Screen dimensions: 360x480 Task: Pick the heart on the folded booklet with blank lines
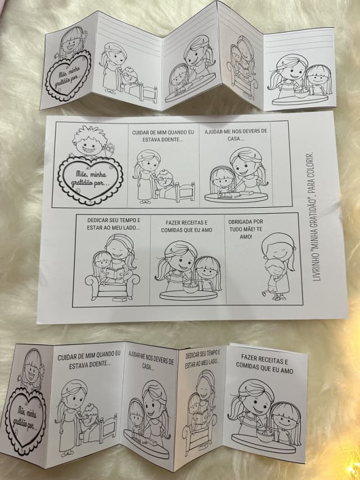(68, 76)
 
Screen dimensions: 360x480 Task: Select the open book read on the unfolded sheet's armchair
(115, 273)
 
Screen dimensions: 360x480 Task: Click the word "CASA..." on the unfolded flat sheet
(236, 138)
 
